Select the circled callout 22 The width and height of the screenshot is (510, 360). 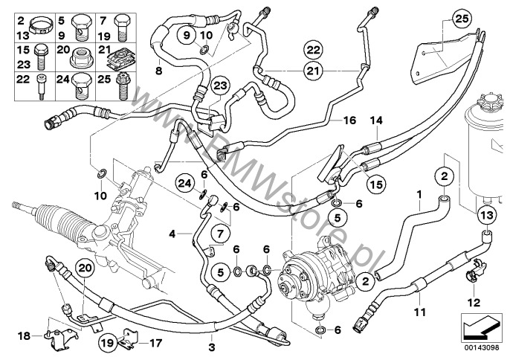pos(313,50)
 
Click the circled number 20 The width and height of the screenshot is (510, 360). pos(84,268)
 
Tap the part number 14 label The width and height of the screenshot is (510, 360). pos(375,120)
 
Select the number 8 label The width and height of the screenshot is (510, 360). pos(158,70)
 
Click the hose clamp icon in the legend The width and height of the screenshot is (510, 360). pos(42,16)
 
